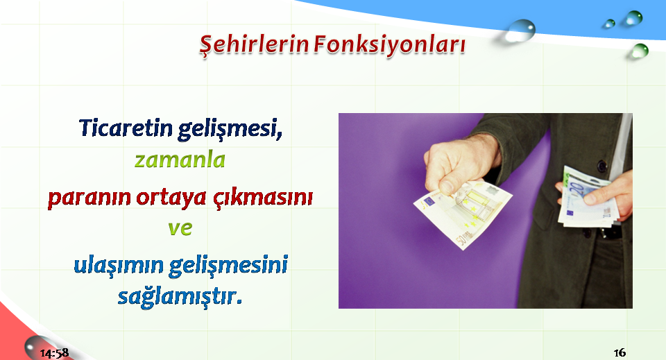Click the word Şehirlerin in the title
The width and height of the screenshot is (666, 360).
[254, 45]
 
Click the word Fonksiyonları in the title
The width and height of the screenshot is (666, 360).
[389, 45]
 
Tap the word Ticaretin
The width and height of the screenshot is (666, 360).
[126, 128]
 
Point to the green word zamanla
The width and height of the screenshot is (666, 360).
[180, 160]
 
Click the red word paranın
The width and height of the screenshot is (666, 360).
[89, 198]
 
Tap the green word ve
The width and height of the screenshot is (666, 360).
[180, 228]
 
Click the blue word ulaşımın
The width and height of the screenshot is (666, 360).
[119, 266]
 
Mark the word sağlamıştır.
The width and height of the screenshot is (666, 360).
[180, 296]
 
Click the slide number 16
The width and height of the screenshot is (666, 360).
[620, 352]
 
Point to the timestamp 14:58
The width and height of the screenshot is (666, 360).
[54, 353]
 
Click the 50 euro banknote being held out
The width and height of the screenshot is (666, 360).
[463, 214]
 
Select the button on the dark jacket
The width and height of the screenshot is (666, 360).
[602, 166]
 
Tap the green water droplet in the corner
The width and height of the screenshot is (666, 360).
[639, 51]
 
